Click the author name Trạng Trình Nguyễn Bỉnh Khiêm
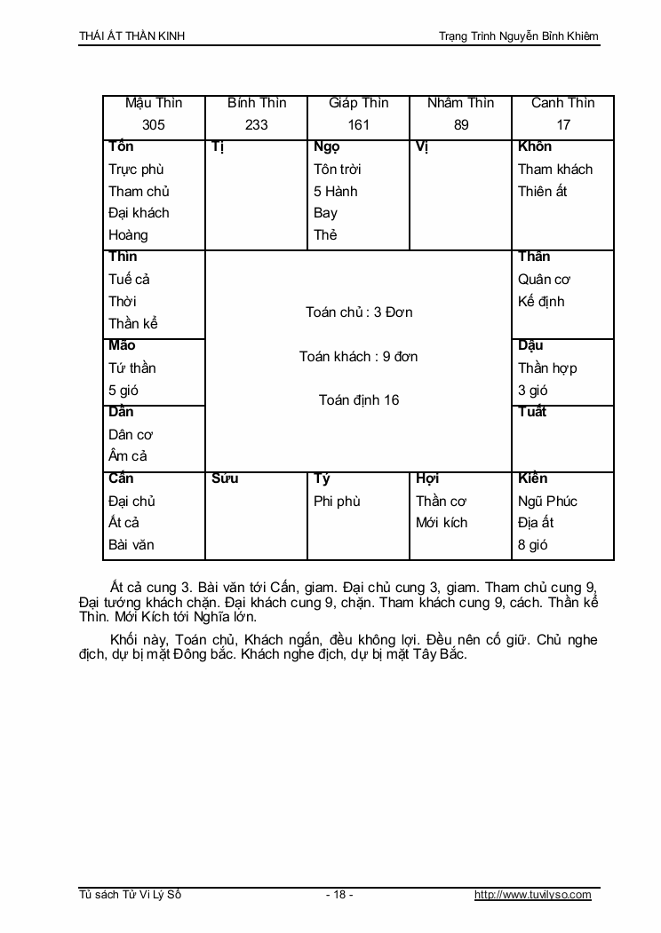coord(519,36)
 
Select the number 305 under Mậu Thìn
coord(154,125)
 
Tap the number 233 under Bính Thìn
coord(256,125)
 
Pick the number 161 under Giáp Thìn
coord(358,125)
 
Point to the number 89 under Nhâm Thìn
coord(461,125)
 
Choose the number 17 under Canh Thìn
coord(563,125)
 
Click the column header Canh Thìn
coord(563,103)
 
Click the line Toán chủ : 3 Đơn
coord(359,312)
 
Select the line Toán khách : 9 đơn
coord(359,357)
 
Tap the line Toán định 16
coord(359,400)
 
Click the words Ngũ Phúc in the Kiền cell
coord(547,502)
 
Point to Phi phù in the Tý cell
coord(337,502)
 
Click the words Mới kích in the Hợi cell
coord(442,523)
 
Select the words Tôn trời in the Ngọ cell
coord(338,170)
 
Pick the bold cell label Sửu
coord(226,479)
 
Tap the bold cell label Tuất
coord(532,412)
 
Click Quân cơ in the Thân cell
coord(544,280)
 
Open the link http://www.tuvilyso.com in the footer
coord(533,895)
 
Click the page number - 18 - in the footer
coord(339,895)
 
